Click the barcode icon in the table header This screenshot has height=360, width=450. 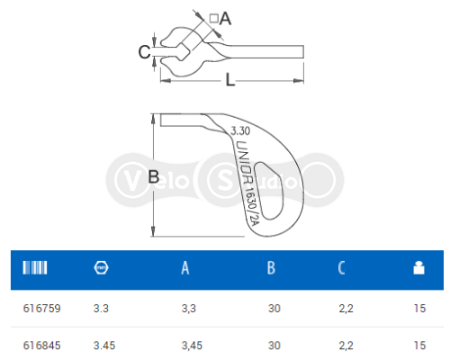coord(34,267)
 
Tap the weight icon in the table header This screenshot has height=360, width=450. coord(417,267)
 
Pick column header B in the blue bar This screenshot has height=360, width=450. coord(271,267)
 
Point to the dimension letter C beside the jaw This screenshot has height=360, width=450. coord(144,52)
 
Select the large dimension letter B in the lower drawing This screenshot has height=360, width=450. coord(153,177)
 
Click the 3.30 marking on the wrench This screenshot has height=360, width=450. coord(239,131)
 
